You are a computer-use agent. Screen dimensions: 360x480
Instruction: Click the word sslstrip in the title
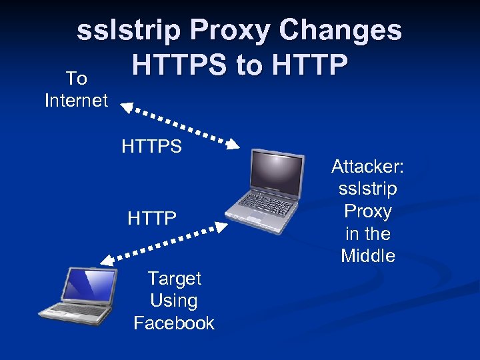coord(128,31)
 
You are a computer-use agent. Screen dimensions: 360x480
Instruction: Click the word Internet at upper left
coord(76,101)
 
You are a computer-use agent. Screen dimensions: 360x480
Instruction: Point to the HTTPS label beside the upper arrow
coord(151,147)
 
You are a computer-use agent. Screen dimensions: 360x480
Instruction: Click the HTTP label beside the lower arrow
coord(152,218)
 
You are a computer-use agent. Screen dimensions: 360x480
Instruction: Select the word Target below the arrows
coord(174,278)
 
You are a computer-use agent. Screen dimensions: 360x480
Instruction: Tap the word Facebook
coord(174,323)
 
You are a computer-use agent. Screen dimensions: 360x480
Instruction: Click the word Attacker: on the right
coord(368,167)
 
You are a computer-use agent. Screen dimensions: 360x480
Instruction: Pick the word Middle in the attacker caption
coord(368,256)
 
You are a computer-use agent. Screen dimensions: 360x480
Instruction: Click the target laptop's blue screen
coord(89,284)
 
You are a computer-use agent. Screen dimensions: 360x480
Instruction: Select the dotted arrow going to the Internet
coord(179,123)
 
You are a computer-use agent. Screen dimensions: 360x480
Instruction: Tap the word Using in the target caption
coord(174,301)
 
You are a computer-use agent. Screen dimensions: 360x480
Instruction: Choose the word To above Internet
coord(77,79)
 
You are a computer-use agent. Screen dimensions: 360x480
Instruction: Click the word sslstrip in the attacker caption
coord(368,189)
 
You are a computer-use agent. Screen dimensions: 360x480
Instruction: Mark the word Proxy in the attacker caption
coord(368,211)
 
